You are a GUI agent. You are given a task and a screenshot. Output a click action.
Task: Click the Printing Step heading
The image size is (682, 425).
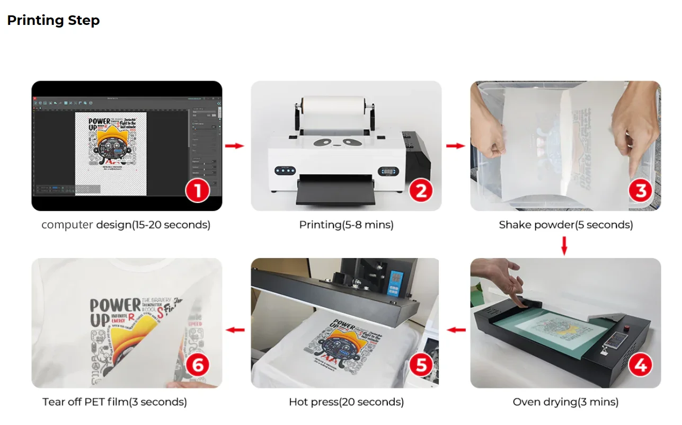tap(53, 21)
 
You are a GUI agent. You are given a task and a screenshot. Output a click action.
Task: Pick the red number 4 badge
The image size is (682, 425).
tap(640, 366)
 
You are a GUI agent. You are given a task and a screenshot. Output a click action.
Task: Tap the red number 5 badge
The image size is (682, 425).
tap(421, 366)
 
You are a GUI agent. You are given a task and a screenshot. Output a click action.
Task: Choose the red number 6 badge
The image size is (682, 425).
tap(197, 366)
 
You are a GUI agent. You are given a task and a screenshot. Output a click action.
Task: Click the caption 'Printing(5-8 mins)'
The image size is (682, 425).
tap(346, 225)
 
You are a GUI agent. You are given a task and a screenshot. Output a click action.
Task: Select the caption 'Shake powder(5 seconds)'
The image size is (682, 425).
tap(565, 225)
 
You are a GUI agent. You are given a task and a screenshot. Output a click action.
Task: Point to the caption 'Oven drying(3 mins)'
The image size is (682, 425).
tap(565, 402)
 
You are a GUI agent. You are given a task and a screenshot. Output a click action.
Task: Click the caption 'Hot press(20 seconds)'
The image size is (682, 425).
tap(346, 402)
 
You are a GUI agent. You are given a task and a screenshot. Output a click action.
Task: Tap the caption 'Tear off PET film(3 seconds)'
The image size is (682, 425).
tap(114, 402)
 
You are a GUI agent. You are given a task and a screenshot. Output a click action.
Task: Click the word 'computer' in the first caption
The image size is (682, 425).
tap(67, 225)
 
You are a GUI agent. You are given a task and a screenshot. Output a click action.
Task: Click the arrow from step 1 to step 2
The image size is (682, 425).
tap(234, 146)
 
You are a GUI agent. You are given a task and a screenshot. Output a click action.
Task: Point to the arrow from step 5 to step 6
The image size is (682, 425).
tap(235, 330)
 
